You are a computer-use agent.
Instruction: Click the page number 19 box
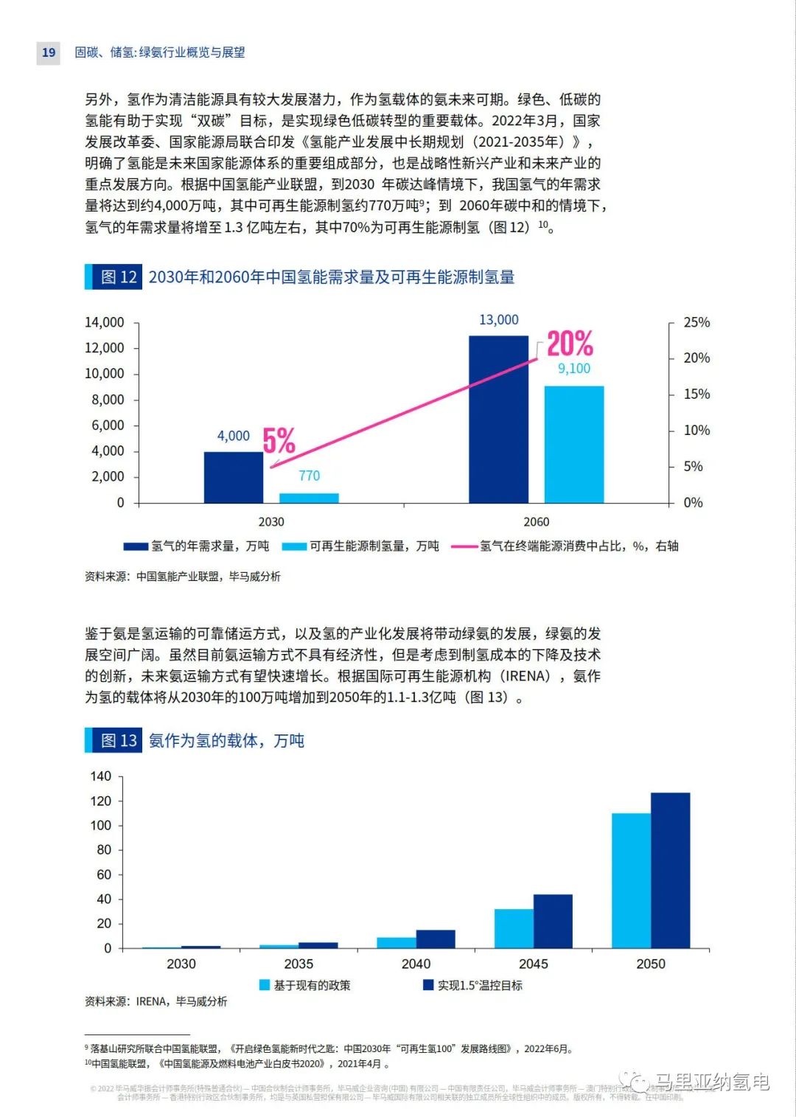(49, 52)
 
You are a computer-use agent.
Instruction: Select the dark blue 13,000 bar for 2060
(498, 419)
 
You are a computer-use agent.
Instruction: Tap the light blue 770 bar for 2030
(309, 498)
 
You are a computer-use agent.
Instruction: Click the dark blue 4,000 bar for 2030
(233, 477)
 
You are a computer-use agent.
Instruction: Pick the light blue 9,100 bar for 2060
(573, 444)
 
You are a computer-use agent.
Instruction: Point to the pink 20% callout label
(570, 344)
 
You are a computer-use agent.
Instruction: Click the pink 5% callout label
(279, 441)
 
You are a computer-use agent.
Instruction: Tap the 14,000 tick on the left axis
(105, 322)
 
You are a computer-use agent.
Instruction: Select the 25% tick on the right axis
(696, 322)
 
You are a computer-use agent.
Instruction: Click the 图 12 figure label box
(114, 276)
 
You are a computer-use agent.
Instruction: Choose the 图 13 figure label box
(114, 740)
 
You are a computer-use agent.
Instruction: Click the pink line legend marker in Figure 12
(464, 546)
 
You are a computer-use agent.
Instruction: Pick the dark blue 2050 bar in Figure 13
(670, 870)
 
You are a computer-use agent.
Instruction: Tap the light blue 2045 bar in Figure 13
(514, 928)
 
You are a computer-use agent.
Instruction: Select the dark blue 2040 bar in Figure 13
(436, 939)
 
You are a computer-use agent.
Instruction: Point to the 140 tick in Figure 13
(101, 776)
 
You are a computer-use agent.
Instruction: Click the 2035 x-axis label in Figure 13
(298, 964)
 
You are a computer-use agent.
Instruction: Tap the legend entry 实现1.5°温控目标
(472, 985)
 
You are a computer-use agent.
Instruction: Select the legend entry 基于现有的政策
(305, 985)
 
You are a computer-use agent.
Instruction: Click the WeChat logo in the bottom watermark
(634, 1081)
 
